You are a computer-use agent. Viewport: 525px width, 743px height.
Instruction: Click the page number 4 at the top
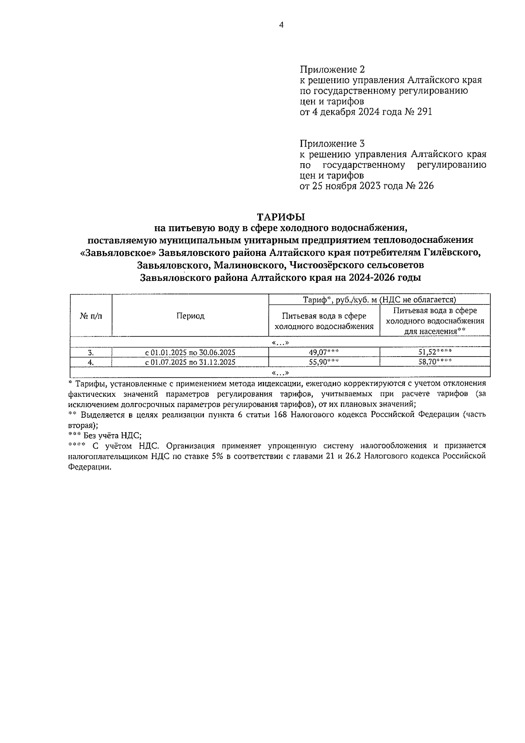pyautogui.click(x=281, y=25)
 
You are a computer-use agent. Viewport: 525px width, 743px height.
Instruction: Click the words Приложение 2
pyautogui.click(x=332, y=70)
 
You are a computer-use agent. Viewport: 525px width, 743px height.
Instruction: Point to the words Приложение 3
pyautogui.click(x=332, y=144)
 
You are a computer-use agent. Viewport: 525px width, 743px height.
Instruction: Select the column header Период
pyautogui.click(x=190, y=316)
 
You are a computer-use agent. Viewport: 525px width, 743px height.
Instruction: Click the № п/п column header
pyautogui.click(x=91, y=316)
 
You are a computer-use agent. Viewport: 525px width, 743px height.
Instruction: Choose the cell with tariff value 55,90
pyautogui.click(x=324, y=362)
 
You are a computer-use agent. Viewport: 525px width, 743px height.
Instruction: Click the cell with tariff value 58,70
pyautogui.click(x=434, y=362)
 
